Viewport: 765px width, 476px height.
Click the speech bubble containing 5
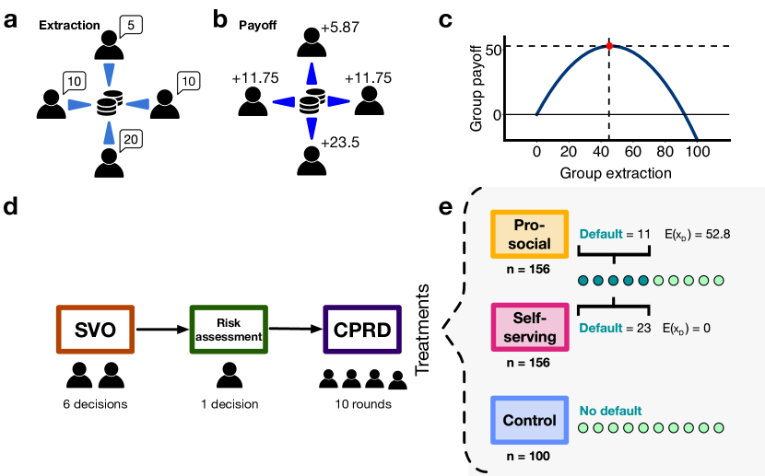131,27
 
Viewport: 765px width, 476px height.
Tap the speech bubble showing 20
131,140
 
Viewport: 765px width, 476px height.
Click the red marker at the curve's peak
609,44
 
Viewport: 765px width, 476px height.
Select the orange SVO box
96,330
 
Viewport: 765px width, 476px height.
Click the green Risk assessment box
229,330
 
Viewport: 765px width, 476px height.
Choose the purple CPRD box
362,330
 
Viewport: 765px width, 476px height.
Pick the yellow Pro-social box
529,235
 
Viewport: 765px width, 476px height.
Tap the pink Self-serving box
529,328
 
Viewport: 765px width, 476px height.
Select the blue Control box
529,421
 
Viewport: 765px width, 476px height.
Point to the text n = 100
529,456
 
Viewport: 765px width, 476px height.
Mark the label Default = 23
615,328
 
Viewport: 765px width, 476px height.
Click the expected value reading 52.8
697,235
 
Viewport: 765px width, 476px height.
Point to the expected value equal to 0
687,328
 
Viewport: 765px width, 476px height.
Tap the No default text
610,411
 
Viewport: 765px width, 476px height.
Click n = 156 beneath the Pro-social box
529,270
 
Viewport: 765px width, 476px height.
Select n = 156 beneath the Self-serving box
529,363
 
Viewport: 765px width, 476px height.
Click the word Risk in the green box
229,323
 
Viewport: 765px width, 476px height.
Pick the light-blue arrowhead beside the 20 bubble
111,134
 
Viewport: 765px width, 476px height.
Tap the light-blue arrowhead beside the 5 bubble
110,74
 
